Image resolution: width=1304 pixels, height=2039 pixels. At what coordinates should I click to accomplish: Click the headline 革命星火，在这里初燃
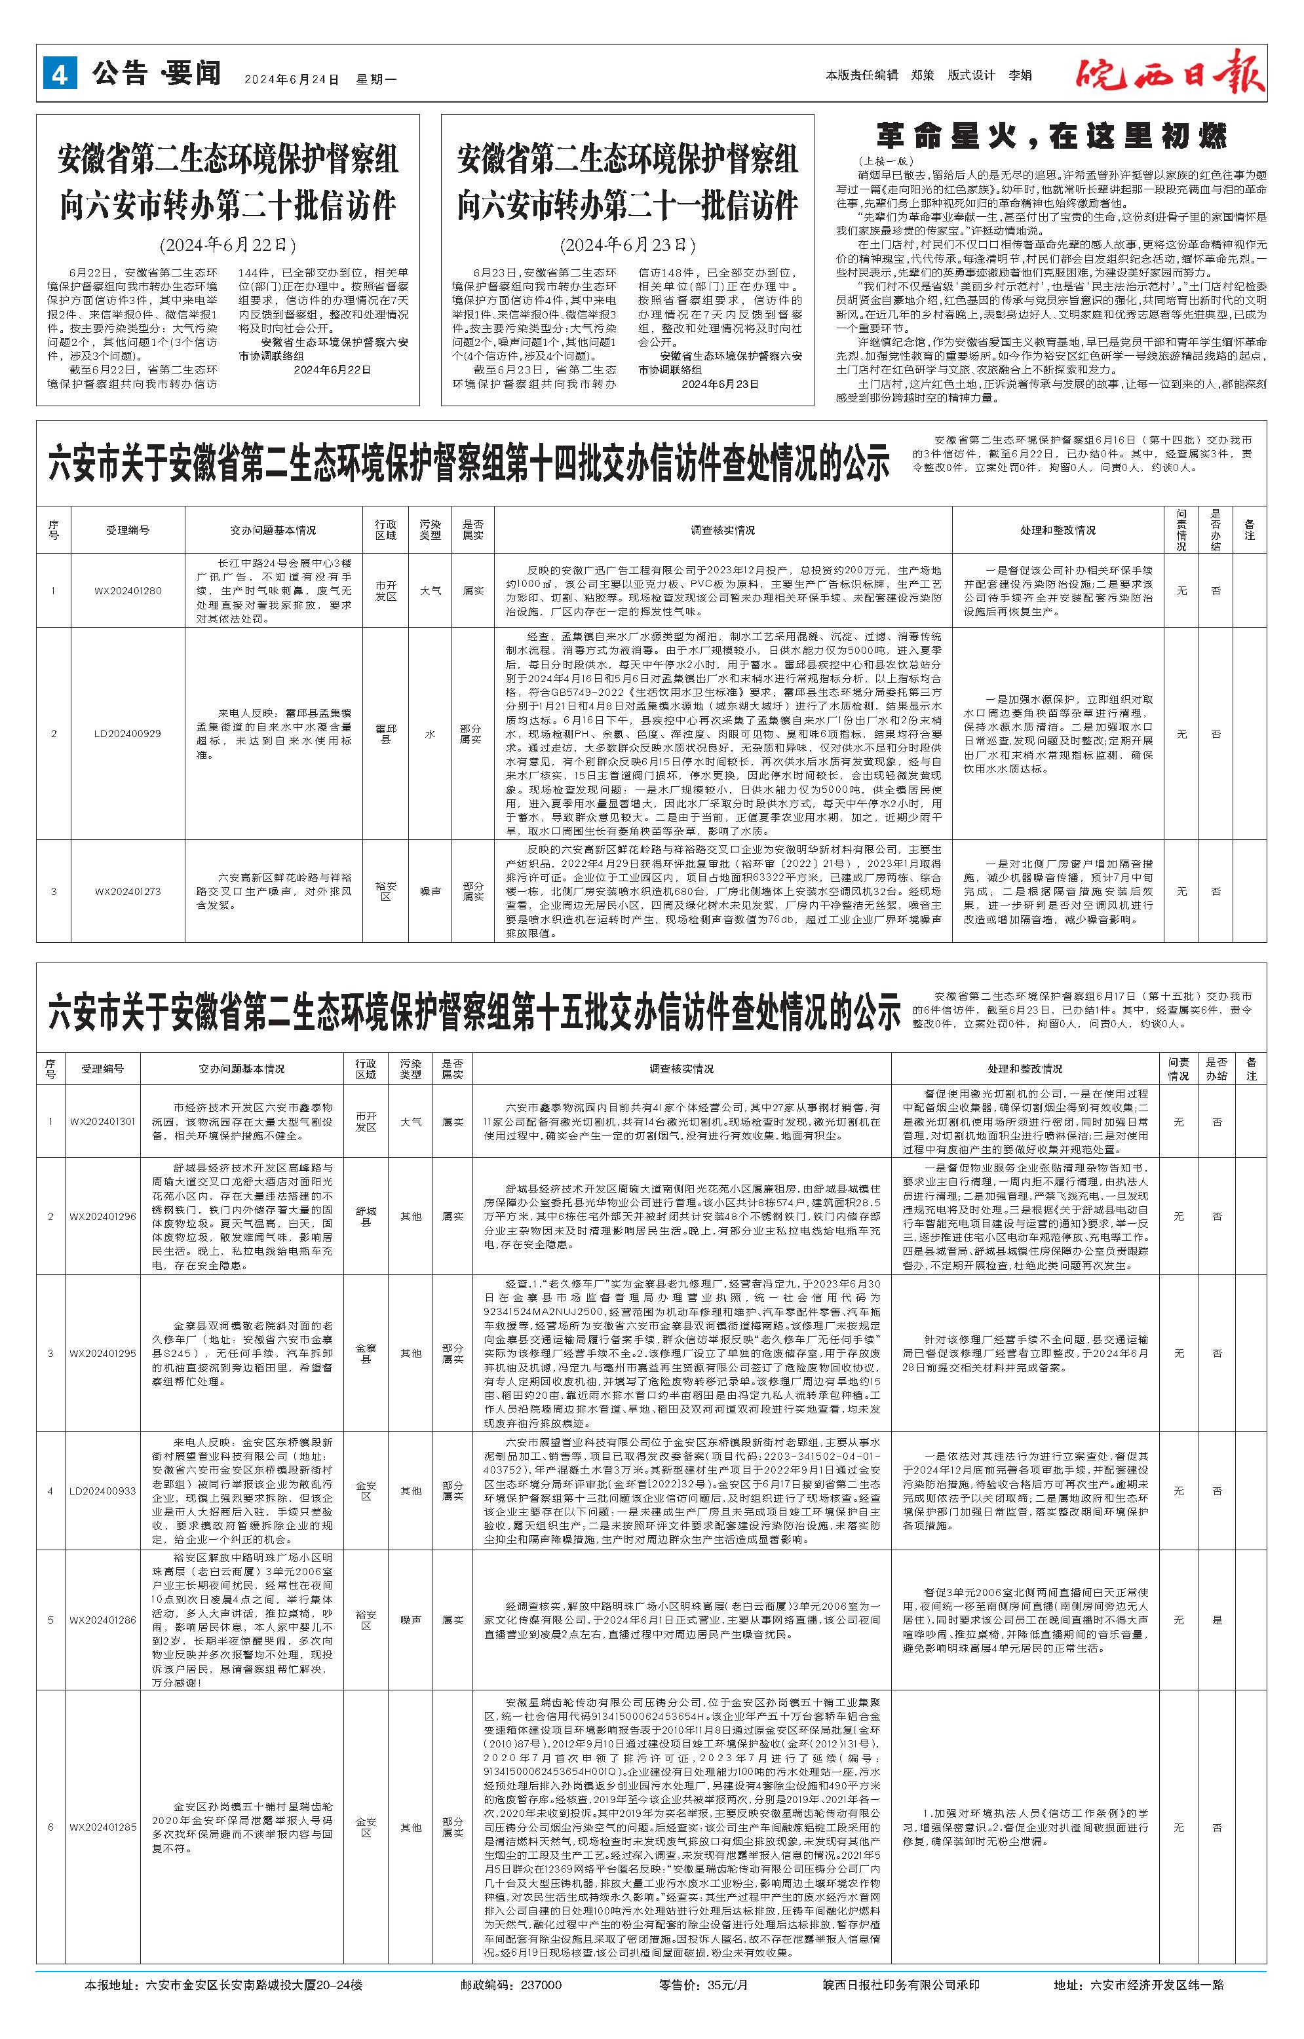coord(1051,136)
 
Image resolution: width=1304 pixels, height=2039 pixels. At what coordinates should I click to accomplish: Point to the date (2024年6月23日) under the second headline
coord(626,246)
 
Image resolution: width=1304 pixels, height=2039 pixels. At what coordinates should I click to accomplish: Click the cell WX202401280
coord(127,590)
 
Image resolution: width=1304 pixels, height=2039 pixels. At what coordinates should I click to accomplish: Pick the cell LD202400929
coord(127,733)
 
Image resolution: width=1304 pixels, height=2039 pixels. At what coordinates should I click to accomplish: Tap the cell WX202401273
coord(127,891)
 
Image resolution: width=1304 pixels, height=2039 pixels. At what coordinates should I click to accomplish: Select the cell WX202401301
coord(102,1122)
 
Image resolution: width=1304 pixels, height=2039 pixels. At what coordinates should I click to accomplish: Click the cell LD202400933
coord(102,1491)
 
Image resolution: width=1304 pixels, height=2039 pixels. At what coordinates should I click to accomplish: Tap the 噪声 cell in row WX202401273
coord(430,891)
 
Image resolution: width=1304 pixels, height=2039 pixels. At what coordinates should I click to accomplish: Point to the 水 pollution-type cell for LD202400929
coord(430,733)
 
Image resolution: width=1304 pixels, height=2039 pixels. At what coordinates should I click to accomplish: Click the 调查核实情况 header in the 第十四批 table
coord(722,530)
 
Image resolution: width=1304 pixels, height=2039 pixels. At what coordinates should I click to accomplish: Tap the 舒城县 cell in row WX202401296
coord(366,1217)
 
